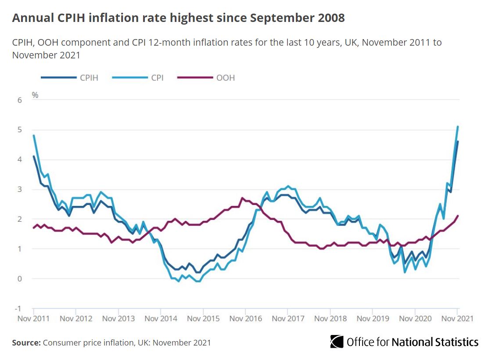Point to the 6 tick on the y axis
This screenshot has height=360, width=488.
(19, 100)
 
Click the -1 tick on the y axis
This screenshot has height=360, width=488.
(18, 309)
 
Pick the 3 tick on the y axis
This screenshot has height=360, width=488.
(19, 189)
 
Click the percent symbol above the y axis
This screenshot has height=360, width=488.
(35, 94)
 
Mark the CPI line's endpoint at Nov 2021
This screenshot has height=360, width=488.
(458, 127)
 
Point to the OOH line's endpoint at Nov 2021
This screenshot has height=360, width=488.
(458, 216)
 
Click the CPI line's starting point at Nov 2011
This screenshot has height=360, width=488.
(34, 136)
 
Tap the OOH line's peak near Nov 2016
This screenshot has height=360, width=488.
(242, 198)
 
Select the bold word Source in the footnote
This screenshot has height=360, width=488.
(26, 342)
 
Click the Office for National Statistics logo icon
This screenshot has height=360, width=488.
(337, 342)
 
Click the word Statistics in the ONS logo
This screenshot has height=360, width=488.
(456, 342)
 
